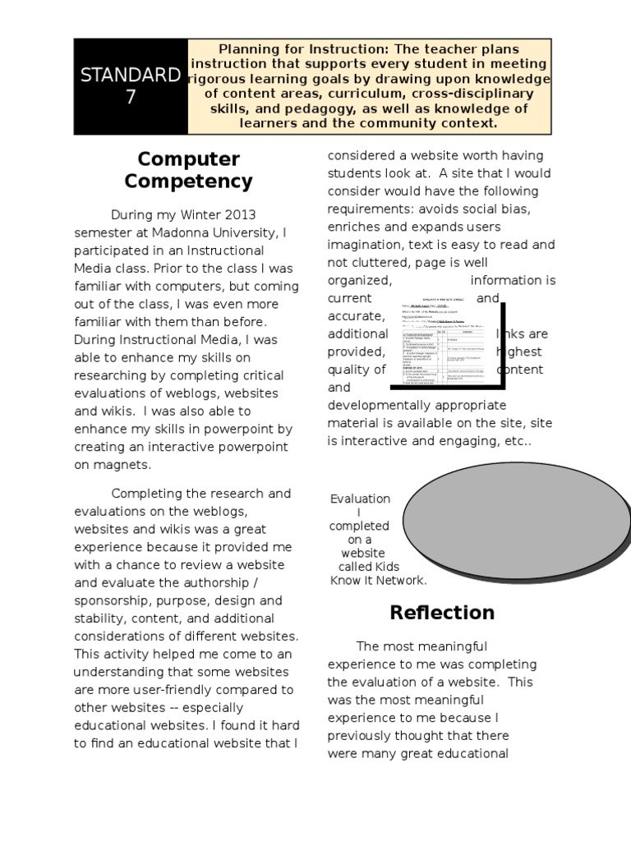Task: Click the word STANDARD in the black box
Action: tap(131, 76)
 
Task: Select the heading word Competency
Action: tap(195, 182)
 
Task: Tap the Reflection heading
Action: tap(442, 613)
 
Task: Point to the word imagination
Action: tap(367, 245)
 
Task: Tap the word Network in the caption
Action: tap(398, 580)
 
